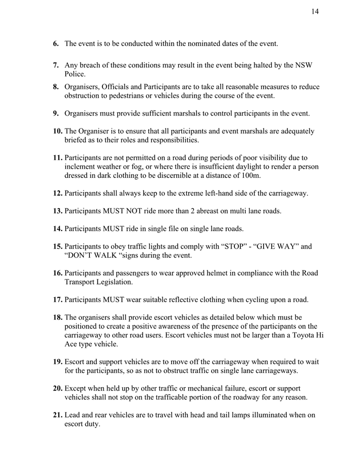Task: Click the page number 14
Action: point(315,12)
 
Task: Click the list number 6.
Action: point(56,44)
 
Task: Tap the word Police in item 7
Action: point(75,74)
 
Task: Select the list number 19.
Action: point(58,362)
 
